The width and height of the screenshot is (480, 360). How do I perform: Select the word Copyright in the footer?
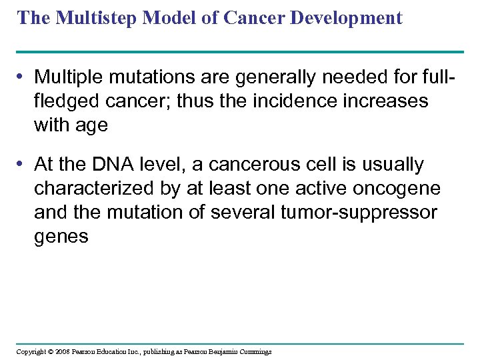point(31,351)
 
